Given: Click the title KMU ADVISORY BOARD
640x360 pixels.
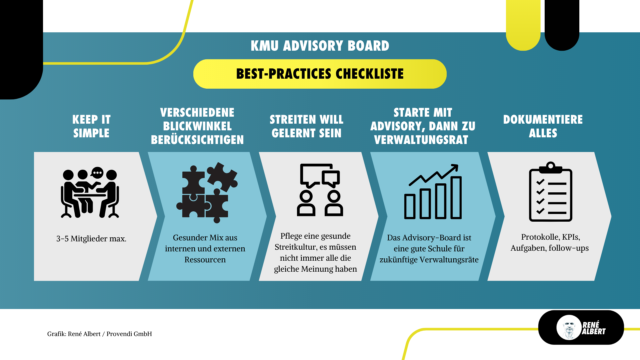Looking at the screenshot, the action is (x=320, y=46).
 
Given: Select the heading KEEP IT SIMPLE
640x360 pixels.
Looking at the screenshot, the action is (x=91, y=126).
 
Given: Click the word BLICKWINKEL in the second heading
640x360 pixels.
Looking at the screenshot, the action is (x=197, y=126).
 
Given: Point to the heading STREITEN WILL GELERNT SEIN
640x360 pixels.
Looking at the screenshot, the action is (x=306, y=126).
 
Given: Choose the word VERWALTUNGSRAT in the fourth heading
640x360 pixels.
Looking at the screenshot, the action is (x=421, y=140).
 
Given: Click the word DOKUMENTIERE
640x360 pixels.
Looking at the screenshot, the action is (x=543, y=120).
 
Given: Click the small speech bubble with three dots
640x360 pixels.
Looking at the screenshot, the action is (x=97, y=173).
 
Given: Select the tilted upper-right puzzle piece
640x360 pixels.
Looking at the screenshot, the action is (x=222, y=176).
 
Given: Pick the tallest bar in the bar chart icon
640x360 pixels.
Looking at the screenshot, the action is (x=456, y=197).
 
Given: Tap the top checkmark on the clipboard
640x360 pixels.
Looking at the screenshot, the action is (x=540, y=182).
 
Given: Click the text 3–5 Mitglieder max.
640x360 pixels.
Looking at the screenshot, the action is (x=91, y=239).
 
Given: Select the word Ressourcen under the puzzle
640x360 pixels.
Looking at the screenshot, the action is (x=205, y=260).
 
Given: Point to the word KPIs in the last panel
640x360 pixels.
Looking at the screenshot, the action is (x=571, y=237).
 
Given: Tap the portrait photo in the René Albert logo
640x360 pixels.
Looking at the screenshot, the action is (x=569, y=327).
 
